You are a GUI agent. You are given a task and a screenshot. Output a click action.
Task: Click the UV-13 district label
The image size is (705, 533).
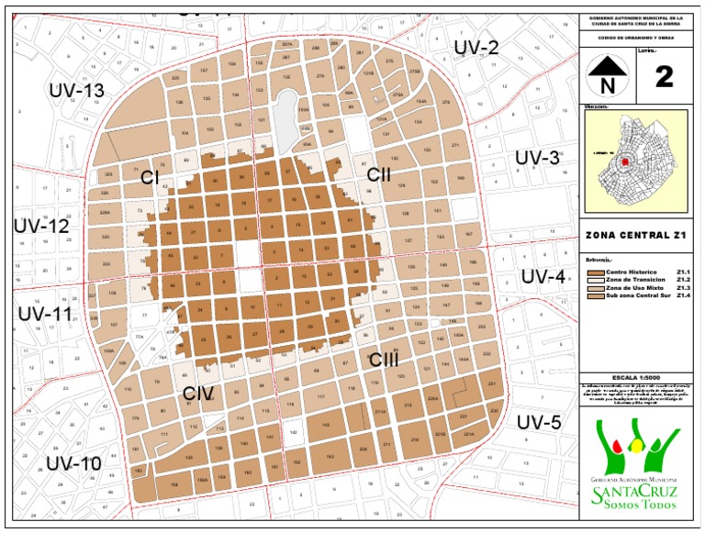pyautogui.click(x=77, y=91)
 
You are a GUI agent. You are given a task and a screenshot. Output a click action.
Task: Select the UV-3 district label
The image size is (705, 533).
pyautogui.click(x=537, y=158)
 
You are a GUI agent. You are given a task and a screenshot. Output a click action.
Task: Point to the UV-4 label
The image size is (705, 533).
pyautogui.click(x=544, y=276)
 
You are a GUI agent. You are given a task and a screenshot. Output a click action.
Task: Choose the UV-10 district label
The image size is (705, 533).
pyautogui.click(x=73, y=463)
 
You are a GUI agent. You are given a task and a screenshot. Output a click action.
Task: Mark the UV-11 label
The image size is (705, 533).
pyautogui.click(x=44, y=315)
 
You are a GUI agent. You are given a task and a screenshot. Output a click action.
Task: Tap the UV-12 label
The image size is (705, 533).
pyautogui.click(x=40, y=226)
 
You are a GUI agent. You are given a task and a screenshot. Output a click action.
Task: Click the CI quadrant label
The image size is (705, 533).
pyautogui.click(x=151, y=176)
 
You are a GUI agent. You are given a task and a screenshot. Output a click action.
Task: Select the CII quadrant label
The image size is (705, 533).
pyautogui.click(x=379, y=174)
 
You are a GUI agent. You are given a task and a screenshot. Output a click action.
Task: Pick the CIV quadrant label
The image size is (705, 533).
pyautogui.click(x=198, y=395)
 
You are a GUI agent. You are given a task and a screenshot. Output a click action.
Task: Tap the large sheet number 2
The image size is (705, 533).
pyautogui.click(x=664, y=76)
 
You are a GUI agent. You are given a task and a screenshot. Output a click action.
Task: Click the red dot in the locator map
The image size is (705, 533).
pyautogui.click(x=626, y=161)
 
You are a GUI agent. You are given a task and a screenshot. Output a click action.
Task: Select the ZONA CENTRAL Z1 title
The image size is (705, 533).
pyautogui.click(x=636, y=236)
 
